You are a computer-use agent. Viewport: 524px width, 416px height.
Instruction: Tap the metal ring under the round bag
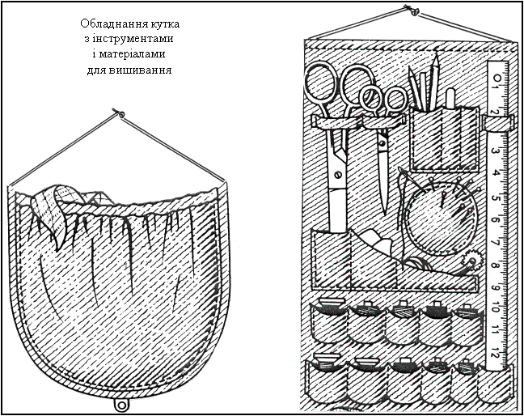click(121, 404)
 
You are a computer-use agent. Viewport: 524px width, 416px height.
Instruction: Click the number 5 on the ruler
click(495, 197)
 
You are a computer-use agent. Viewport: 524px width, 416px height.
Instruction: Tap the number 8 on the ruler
click(495, 265)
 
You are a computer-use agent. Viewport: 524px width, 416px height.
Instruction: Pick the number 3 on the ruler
click(495, 151)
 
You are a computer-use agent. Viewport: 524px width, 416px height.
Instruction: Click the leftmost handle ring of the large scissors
click(319, 84)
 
